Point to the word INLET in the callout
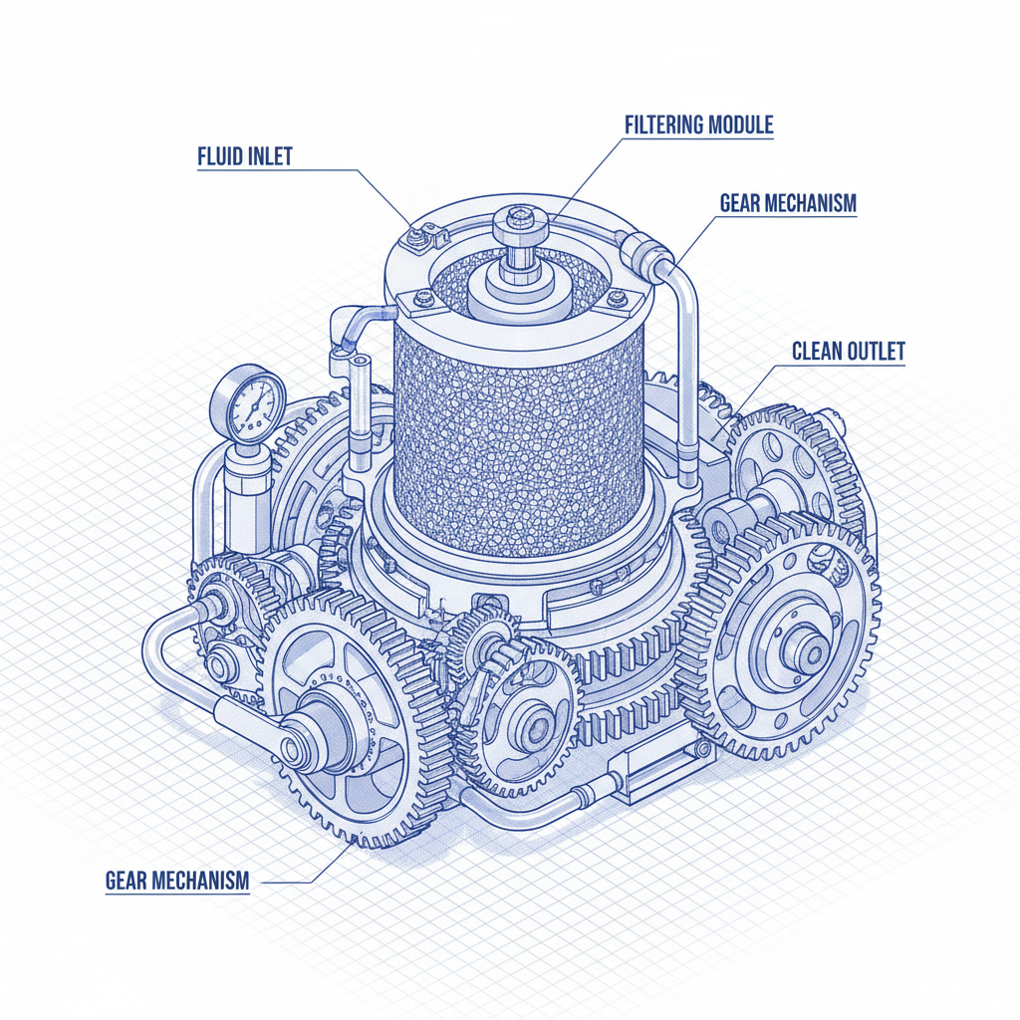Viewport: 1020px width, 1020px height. pos(269,157)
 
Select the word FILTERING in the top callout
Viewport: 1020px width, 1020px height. pos(664,125)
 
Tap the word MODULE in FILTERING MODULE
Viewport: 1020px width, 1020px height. pos(741,125)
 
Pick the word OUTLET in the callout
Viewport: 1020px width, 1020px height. pos(876,352)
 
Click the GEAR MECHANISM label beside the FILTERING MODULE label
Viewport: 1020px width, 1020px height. pos(787,203)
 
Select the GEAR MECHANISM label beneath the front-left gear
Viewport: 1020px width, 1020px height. pos(176,881)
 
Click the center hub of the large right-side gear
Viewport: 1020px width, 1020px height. pos(805,653)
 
